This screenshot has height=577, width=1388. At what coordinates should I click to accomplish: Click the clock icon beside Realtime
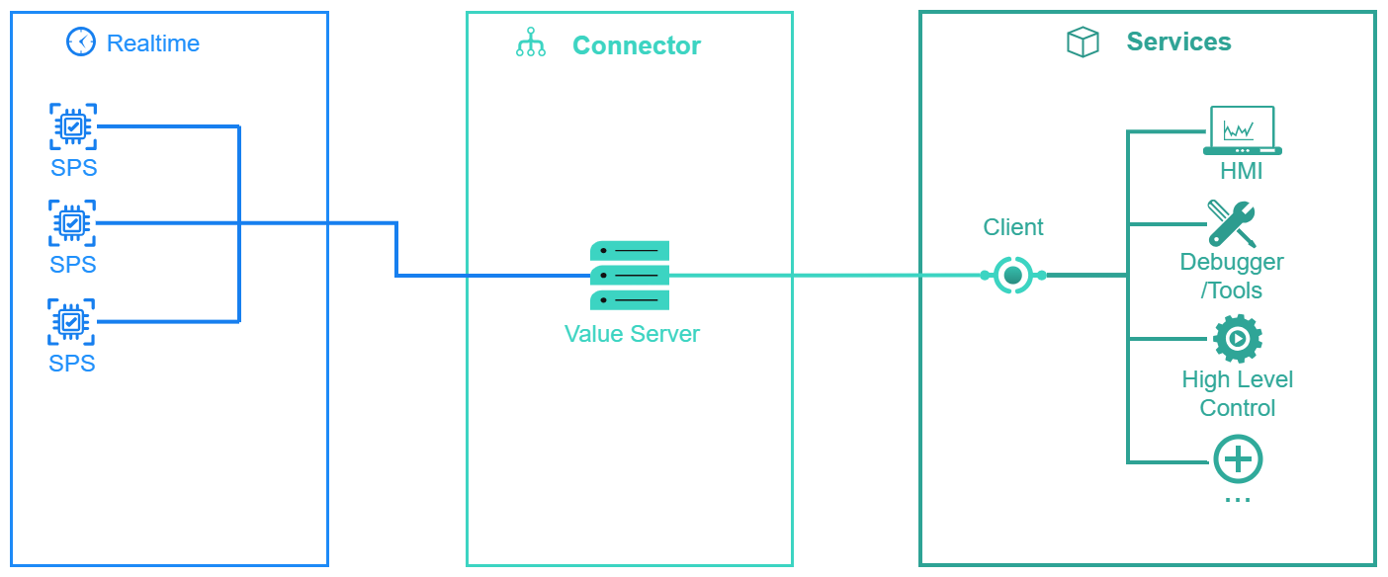pyautogui.click(x=80, y=42)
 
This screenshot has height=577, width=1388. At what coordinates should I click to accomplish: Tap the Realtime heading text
pyautogui.click(x=153, y=43)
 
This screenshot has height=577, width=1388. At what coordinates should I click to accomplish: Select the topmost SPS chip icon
pyautogui.click(x=73, y=126)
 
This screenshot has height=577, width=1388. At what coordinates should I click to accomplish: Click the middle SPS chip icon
pyautogui.click(x=73, y=223)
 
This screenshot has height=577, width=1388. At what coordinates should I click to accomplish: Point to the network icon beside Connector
pyautogui.click(x=531, y=44)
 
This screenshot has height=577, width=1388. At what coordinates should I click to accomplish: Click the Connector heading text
pyautogui.click(x=637, y=45)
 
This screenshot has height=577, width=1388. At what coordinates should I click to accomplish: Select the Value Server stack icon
pyautogui.click(x=630, y=276)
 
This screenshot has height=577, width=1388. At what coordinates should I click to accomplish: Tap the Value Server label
pyautogui.click(x=632, y=334)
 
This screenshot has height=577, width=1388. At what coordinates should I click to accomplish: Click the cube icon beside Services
pyautogui.click(x=1084, y=42)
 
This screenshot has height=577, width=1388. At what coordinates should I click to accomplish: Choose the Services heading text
pyautogui.click(x=1178, y=41)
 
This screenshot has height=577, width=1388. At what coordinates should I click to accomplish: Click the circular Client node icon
pyautogui.click(x=1012, y=275)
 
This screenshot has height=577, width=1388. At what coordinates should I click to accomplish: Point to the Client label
pyautogui.click(x=1013, y=227)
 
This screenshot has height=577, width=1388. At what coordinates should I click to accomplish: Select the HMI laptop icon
pyautogui.click(x=1242, y=131)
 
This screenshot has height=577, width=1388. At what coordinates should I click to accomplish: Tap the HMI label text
pyautogui.click(x=1242, y=171)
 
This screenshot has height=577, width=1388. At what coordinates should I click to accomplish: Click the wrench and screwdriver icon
pyautogui.click(x=1232, y=223)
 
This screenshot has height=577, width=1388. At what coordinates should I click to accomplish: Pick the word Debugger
pyautogui.click(x=1232, y=262)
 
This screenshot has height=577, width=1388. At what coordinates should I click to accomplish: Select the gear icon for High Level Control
pyautogui.click(x=1237, y=339)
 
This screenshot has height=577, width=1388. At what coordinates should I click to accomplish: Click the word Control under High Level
pyautogui.click(x=1238, y=408)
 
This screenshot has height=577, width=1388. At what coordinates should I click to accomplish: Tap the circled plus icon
pyautogui.click(x=1238, y=459)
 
